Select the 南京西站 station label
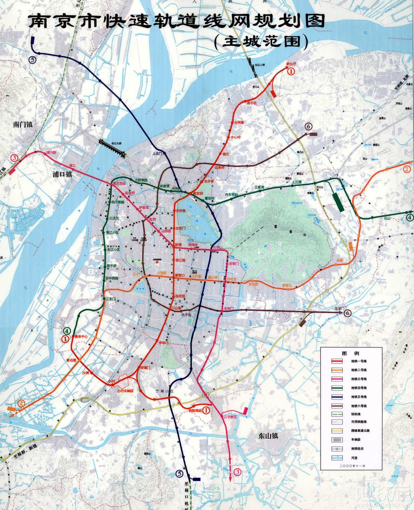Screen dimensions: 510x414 point(120,184)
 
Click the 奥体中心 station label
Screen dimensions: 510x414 point(81,337)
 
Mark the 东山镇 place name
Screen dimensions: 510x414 point(268,436)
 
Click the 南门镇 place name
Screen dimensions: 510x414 point(23,125)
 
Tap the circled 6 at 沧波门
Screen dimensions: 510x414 point(348,313)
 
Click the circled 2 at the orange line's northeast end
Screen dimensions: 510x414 point(407,169)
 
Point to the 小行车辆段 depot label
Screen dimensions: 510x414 point(125,390)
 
